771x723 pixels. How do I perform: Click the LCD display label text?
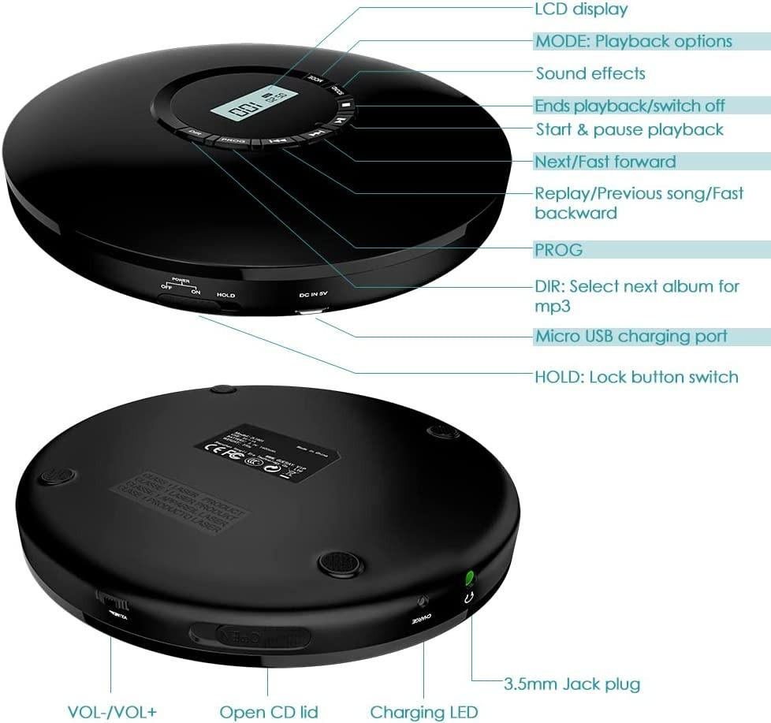click(581, 9)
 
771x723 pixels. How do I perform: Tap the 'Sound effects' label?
click(590, 73)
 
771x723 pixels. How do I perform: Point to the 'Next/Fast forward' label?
click(605, 162)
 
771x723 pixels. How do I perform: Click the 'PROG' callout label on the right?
click(559, 250)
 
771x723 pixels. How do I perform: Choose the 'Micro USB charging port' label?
click(631, 337)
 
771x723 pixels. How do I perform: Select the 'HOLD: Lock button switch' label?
click(636, 377)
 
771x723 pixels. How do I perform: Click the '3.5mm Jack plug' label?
click(572, 684)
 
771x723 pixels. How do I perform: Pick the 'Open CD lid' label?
click(269, 712)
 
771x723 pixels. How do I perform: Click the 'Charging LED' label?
click(424, 712)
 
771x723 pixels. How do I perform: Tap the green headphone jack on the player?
click(469, 577)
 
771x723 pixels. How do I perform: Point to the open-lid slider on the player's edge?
click(248, 635)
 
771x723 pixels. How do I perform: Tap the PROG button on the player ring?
click(233, 141)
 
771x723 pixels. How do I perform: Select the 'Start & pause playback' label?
click(629, 129)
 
